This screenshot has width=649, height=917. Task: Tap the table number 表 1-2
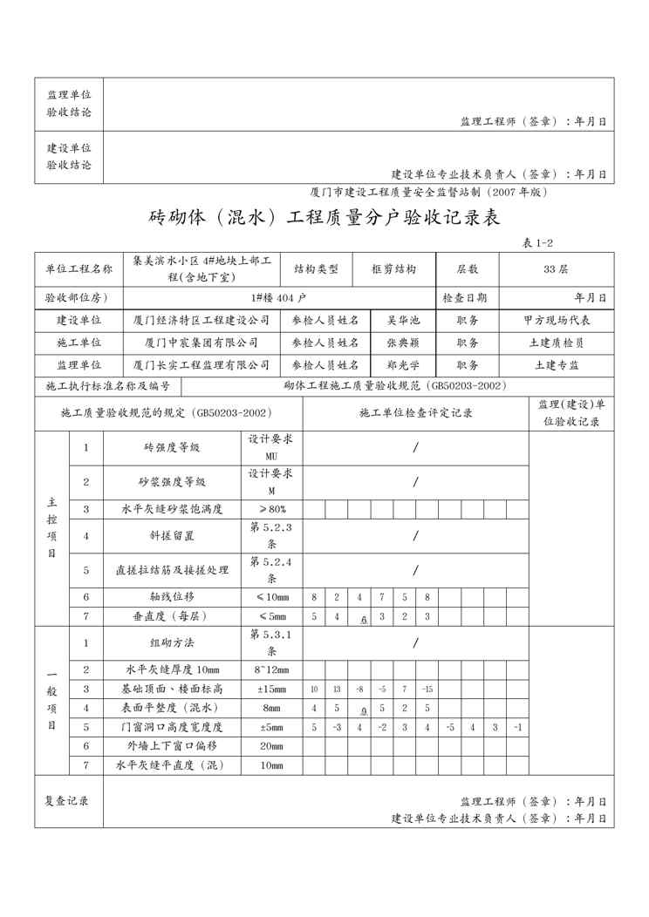coord(537,243)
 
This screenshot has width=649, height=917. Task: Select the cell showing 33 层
coord(556,269)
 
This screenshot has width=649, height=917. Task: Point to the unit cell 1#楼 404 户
coord(278,297)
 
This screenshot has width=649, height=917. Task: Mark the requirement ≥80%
coord(271,509)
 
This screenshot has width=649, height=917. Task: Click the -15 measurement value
coord(427,689)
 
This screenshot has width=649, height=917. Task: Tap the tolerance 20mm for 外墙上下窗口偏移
coord(271,746)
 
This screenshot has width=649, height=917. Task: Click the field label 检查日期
coord(465,297)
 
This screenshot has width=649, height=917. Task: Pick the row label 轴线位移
coord(172,597)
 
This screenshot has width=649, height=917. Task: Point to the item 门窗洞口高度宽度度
coord(172,727)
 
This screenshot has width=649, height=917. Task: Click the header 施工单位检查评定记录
coord(416,412)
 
